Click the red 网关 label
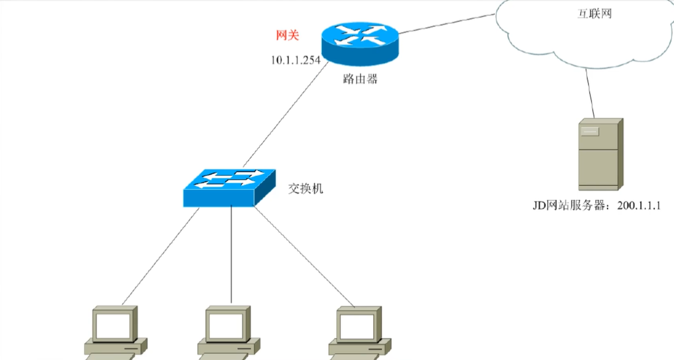click(x=287, y=36)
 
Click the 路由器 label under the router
click(x=361, y=80)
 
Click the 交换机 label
click(x=305, y=188)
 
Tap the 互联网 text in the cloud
click(x=594, y=14)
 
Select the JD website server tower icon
click(x=600, y=155)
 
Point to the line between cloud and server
click(x=590, y=92)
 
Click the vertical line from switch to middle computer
click(x=231, y=255)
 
